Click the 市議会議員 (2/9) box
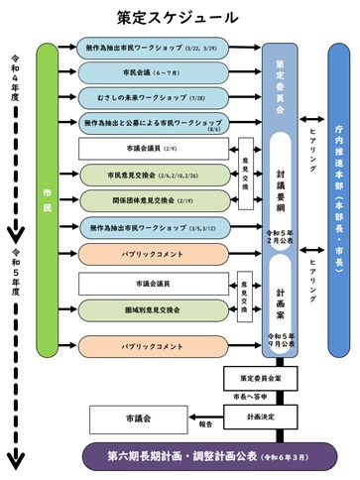[153, 150]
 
